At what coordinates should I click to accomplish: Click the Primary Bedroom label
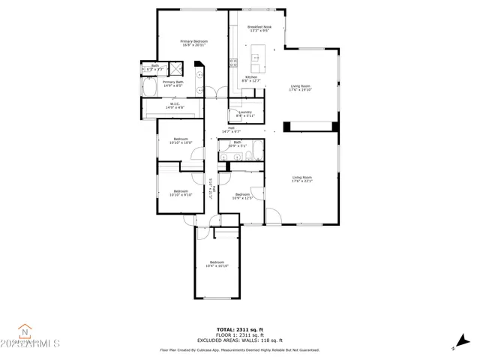tap(193, 43)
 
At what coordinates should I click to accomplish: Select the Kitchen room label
tap(251, 79)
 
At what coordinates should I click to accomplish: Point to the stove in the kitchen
tap(234, 62)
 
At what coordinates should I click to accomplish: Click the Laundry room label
tap(245, 114)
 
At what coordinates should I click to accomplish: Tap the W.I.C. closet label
tap(174, 106)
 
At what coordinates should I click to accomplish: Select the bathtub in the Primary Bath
tap(148, 88)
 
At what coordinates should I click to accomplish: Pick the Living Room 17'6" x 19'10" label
tap(301, 88)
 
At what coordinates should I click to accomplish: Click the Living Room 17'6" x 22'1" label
tap(301, 179)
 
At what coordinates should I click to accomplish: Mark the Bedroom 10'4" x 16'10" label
tap(217, 264)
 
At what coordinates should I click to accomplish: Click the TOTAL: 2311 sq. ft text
tap(239, 328)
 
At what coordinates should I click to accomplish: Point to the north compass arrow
tap(454, 347)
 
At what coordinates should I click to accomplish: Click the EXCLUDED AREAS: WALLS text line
tap(239, 340)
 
